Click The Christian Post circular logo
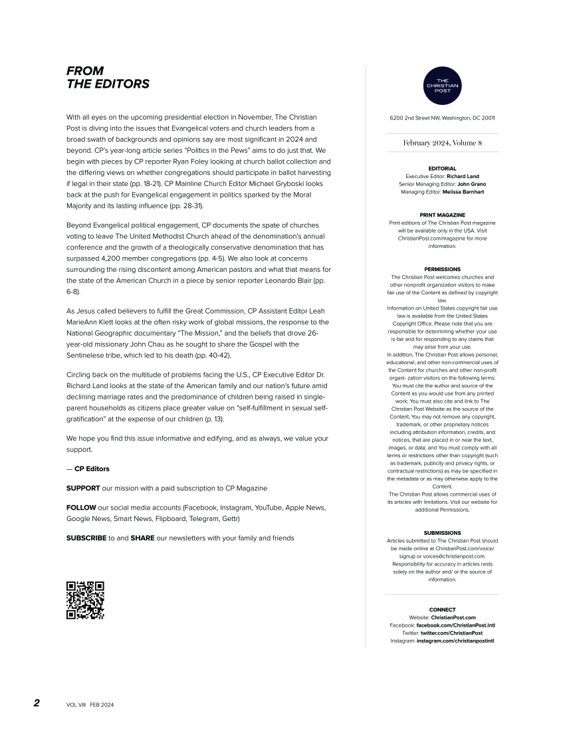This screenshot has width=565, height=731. point(442,86)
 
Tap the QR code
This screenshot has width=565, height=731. point(85,600)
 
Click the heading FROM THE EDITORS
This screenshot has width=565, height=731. point(108,77)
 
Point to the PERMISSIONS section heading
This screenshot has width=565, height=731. point(442,269)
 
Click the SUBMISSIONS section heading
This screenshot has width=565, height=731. point(442,533)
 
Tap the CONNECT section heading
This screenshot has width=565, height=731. point(442,609)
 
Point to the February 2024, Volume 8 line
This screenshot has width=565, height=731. point(442,143)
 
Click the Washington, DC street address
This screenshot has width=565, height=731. point(442,118)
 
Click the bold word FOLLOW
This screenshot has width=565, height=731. point(81,508)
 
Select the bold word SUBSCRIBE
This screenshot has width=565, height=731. point(86,538)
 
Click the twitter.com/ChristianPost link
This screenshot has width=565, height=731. point(451,633)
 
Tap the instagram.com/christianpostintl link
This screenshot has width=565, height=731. point(455,641)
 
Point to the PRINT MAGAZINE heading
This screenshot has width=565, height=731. point(442,215)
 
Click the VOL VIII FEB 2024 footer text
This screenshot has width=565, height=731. point(90,704)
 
